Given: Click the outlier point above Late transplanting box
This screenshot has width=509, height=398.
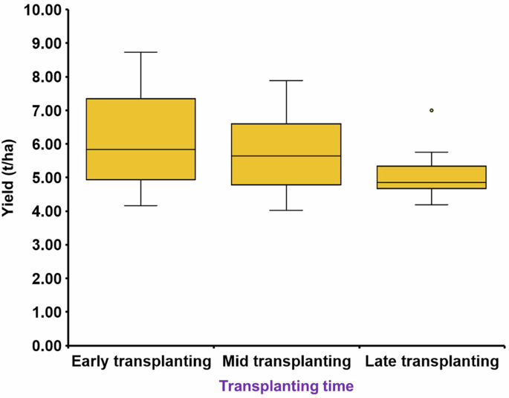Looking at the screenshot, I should (x=431, y=110).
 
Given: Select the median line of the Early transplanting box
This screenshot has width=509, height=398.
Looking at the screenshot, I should (x=140, y=150).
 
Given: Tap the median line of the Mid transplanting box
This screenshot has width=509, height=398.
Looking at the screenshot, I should (x=286, y=156).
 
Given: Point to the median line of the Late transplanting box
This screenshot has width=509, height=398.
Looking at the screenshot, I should (x=431, y=182).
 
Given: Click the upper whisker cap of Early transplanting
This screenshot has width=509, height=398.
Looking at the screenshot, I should (x=140, y=52).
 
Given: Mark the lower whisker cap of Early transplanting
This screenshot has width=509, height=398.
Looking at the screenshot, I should (x=140, y=205).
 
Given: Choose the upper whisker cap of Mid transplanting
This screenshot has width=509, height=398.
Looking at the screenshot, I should (x=286, y=80).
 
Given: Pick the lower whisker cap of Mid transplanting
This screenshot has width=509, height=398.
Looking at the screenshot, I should (x=286, y=211).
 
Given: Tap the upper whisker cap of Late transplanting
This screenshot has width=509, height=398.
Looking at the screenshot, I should (x=431, y=152).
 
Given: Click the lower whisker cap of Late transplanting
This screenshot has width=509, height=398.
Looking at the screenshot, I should (x=431, y=204).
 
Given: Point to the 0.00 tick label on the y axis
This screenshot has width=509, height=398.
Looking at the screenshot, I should (x=43, y=346).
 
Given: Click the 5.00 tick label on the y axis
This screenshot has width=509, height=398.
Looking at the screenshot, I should (x=43, y=178).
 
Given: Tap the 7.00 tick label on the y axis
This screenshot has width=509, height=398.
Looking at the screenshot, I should (x=43, y=111).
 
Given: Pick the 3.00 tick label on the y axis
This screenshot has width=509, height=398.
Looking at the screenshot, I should (x=43, y=245).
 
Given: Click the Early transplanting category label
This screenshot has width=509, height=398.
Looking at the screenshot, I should (x=141, y=362).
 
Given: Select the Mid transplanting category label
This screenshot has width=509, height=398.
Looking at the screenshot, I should (x=286, y=362).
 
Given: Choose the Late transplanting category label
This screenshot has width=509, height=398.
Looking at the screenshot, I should (x=431, y=362).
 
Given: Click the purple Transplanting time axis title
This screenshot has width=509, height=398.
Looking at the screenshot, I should (x=286, y=386).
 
